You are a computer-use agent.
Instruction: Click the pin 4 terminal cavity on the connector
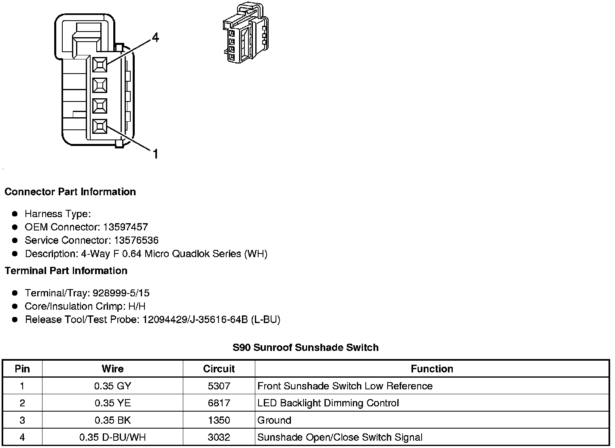[x=100, y=64]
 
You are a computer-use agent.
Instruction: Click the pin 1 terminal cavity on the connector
[x=100, y=127]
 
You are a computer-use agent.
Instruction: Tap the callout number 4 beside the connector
[x=155, y=38]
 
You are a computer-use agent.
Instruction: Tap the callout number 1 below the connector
[x=155, y=154]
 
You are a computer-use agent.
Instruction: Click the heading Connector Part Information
[x=70, y=192]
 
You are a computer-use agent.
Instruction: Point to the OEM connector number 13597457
[x=125, y=227]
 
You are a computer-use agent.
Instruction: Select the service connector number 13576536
[x=136, y=241]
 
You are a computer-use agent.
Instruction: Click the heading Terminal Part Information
[x=66, y=271]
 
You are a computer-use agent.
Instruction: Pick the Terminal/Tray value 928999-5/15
[x=121, y=293]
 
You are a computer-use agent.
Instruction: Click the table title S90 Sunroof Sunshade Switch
[x=305, y=348]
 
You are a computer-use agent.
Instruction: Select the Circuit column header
[x=219, y=369]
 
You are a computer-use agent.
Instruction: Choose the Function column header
[x=432, y=369]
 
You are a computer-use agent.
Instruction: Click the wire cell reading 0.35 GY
[x=112, y=386]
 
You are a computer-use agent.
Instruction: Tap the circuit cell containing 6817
[x=219, y=403]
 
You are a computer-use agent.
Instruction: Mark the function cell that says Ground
[x=274, y=421]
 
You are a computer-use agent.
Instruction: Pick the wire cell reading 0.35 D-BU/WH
[x=112, y=437]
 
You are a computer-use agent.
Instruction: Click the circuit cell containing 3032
[x=219, y=437]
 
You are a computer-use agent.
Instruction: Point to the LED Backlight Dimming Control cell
[x=328, y=403]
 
